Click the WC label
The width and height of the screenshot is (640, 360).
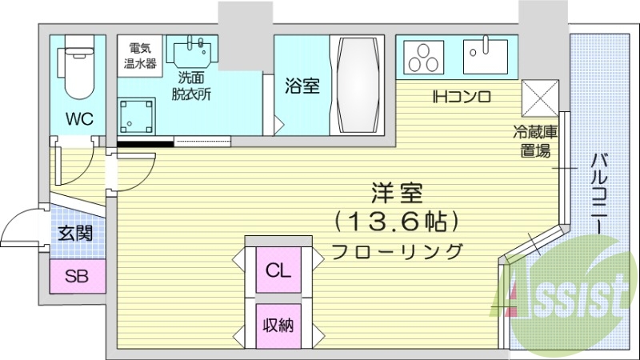coord(79,120)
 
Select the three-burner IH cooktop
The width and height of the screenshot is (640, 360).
coord(424,57)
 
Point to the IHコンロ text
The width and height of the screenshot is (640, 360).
coord(461,98)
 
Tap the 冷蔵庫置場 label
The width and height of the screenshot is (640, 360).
coord(532,141)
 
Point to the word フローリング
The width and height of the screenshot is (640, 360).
coord(398,250)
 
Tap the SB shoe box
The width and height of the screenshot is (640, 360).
coord(77,277)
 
